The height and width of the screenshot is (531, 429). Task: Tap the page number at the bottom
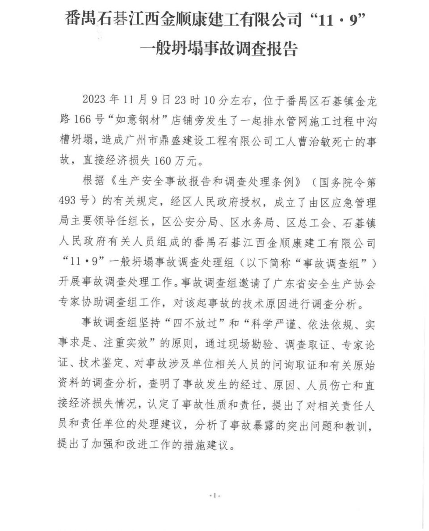coord(215,496)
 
